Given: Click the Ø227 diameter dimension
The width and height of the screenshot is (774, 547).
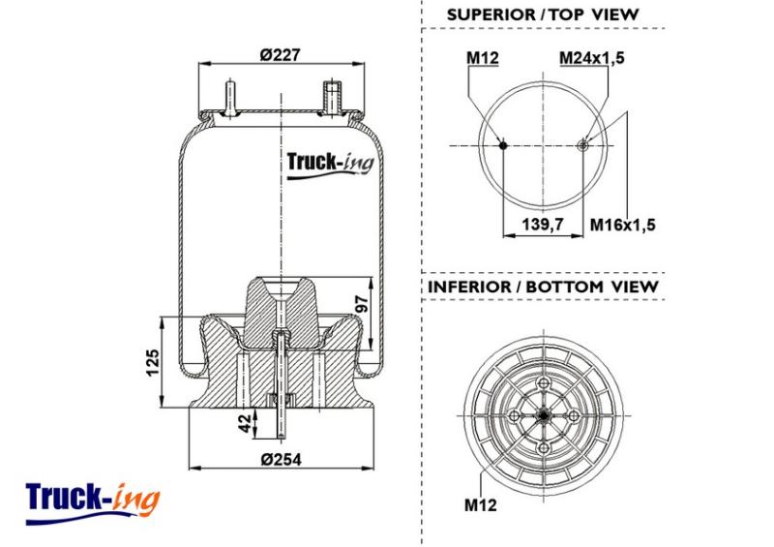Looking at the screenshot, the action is [x=280, y=55].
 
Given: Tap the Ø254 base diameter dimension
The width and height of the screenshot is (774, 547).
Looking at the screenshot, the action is [x=281, y=460].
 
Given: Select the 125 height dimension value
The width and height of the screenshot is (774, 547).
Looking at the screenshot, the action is [x=153, y=362].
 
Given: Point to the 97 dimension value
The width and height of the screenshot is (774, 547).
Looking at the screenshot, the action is [x=362, y=304].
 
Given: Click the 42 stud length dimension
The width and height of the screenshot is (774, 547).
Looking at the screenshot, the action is [x=245, y=423].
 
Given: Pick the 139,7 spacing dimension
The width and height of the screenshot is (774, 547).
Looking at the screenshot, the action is [x=543, y=225].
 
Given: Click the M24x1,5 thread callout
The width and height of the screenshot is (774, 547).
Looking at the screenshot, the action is [x=591, y=58].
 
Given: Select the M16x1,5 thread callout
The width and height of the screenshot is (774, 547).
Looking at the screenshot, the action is [x=623, y=225].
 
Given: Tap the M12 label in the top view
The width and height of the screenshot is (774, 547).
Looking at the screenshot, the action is [x=483, y=58].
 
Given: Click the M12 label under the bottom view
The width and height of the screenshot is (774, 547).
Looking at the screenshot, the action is [x=480, y=505].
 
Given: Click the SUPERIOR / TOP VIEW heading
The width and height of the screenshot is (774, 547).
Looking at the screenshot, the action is [x=543, y=15].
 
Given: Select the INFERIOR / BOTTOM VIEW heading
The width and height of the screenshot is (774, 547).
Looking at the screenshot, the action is [x=543, y=287].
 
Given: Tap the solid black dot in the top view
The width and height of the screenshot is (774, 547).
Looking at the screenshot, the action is [x=503, y=145].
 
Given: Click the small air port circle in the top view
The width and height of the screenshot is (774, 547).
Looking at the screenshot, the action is [x=583, y=145].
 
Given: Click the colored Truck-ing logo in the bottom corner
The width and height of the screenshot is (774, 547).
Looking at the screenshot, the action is [x=92, y=502].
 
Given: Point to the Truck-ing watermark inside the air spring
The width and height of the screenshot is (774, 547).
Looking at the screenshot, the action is [x=330, y=164].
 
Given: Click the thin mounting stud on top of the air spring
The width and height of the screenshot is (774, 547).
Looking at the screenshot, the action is [x=230, y=98].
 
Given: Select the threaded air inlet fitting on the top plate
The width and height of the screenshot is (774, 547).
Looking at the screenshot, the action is [x=332, y=98].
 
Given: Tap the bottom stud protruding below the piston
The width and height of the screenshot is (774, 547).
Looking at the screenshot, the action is [x=281, y=423].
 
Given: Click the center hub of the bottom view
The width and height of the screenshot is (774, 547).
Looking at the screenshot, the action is [x=544, y=416].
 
